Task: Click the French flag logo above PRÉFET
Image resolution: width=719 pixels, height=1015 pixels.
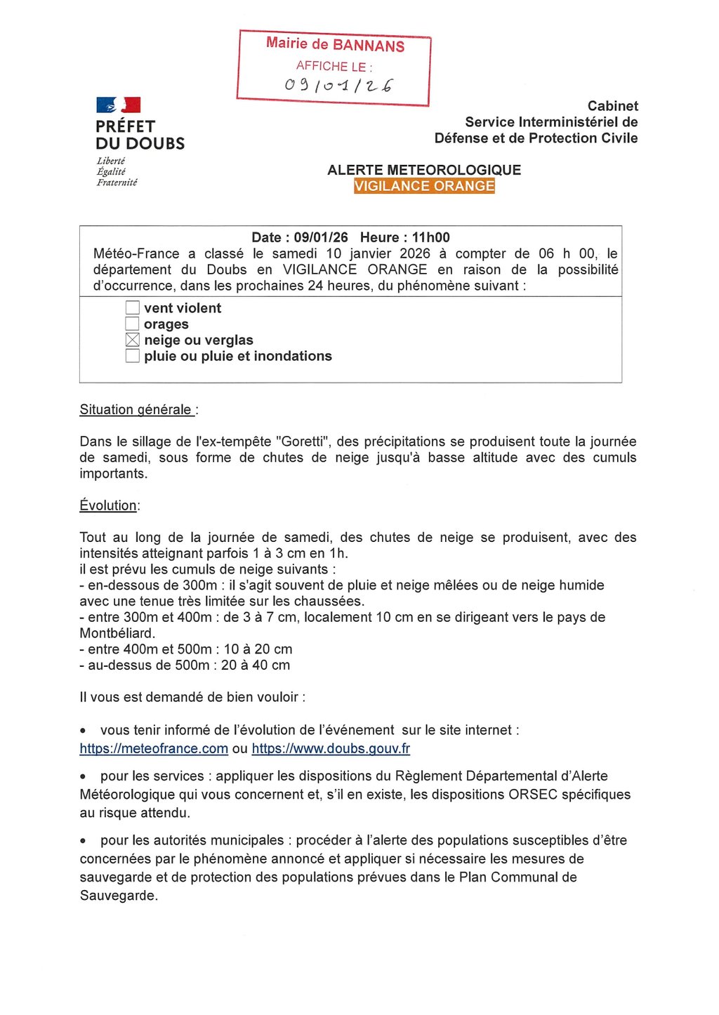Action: [x=118, y=105]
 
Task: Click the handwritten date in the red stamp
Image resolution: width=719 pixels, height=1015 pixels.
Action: [x=338, y=86]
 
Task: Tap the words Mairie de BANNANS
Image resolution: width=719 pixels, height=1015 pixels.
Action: [x=335, y=45]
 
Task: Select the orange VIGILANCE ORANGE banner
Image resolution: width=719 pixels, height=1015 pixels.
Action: [x=424, y=186]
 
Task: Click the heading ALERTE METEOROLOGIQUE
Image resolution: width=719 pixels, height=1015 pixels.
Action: [x=424, y=170]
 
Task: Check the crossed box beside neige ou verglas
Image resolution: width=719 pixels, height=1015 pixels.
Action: [x=133, y=340]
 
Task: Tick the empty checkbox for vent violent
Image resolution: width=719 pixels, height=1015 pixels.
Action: [x=133, y=307]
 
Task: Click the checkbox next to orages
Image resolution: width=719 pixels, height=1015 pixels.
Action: [x=133, y=324]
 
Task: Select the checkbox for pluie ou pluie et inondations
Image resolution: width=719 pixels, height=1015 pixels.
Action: [x=133, y=356]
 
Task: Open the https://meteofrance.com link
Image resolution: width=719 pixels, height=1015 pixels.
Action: [x=154, y=748]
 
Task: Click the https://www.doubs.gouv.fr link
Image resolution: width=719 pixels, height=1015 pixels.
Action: [x=331, y=748]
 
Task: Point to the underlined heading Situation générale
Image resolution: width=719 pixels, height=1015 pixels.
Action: [x=136, y=410]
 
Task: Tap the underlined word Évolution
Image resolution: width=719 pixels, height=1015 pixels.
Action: [x=108, y=505]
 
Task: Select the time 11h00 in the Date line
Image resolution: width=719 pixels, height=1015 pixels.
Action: [x=430, y=237]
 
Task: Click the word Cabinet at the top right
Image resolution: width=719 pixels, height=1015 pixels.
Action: [x=612, y=106]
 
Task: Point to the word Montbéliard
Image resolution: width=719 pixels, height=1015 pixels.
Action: [x=117, y=633]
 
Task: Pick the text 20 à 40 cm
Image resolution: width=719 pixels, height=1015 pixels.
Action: [x=256, y=665]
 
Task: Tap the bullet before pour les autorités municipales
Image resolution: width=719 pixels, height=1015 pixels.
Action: [x=84, y=841]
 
